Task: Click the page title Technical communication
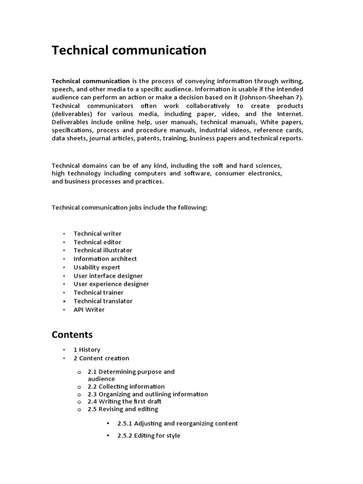(129, 50)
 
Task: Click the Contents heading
(72, 335)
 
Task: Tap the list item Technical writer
(97, 233)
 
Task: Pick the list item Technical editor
(97, 242)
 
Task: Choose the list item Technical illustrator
(103, 251)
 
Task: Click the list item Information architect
(105, 259)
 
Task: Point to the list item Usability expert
(96, 268)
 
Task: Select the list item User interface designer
(108, 276)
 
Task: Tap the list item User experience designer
(111, 284)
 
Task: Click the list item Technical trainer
(98, 293)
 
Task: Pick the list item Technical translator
(103, 301)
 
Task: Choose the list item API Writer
(89, 310)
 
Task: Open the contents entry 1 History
(86, 350)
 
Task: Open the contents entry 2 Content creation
(101, 358)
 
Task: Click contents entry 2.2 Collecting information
(126, 387)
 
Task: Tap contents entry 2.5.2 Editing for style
(148, 436)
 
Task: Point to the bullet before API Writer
(63, 310)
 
